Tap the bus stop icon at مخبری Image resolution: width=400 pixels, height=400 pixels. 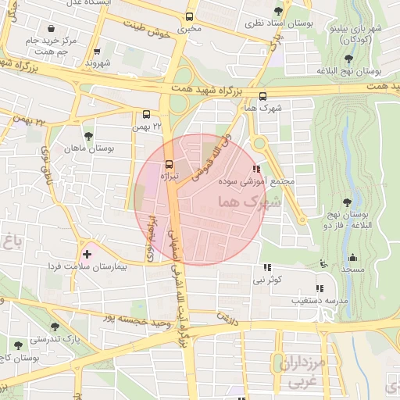coord(189,16)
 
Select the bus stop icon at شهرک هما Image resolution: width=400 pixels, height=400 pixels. coord(262,97)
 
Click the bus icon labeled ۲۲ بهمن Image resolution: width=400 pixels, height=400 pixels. coord(146,112)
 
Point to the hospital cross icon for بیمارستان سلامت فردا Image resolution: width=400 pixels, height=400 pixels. coord(87,253)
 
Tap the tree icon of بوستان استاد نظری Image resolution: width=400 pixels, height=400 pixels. coord(279,11)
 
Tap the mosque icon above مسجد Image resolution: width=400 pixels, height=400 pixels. coord(352,258)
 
